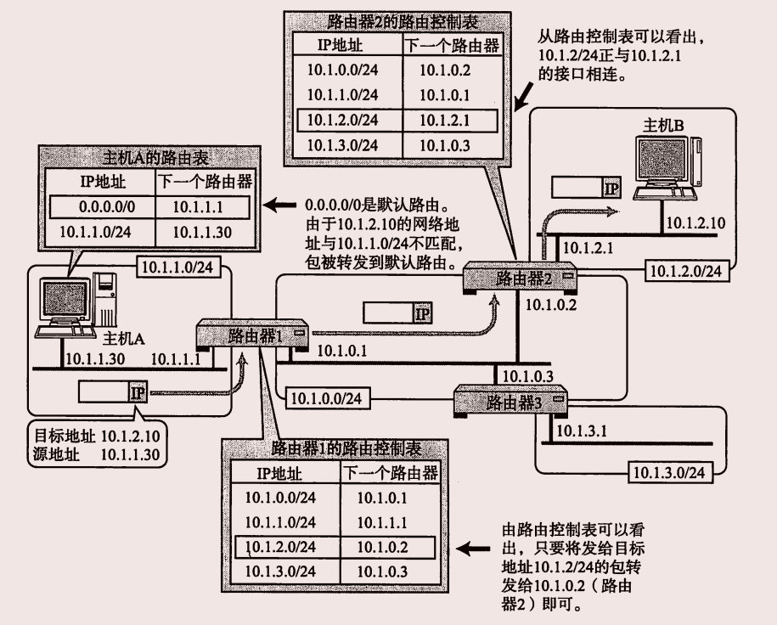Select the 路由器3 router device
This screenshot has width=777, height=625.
coord(509,402)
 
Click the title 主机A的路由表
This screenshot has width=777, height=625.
coord(150,158)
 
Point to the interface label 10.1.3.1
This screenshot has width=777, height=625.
coord(581,431)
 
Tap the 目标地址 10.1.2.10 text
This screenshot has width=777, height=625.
coord(94,436)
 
